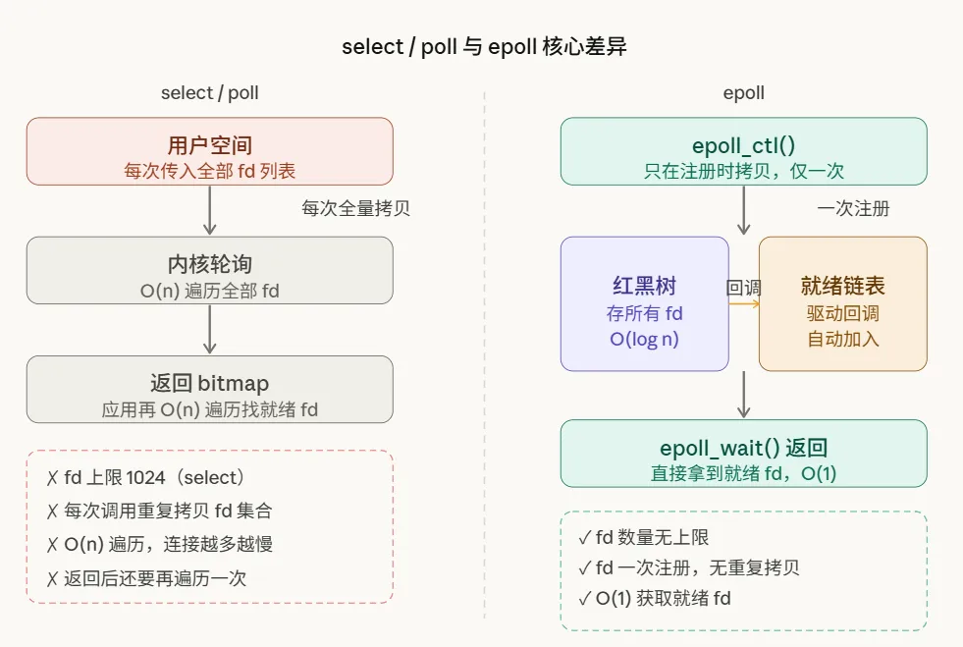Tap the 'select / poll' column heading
click(210, 93)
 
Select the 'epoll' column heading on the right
click(743, 93)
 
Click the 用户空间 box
click(210, 151)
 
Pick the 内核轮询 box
click(210, 270)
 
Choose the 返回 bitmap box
click(210, 390)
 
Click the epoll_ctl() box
click(743, 151)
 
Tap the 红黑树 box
click(644, 303)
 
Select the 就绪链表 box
click(842, 303)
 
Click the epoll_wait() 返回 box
click(743, 454)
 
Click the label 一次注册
click(853, 208)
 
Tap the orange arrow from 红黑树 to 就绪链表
click(744, 303)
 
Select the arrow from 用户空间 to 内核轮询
click(210, 210)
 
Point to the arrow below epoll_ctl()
click(743, 210)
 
